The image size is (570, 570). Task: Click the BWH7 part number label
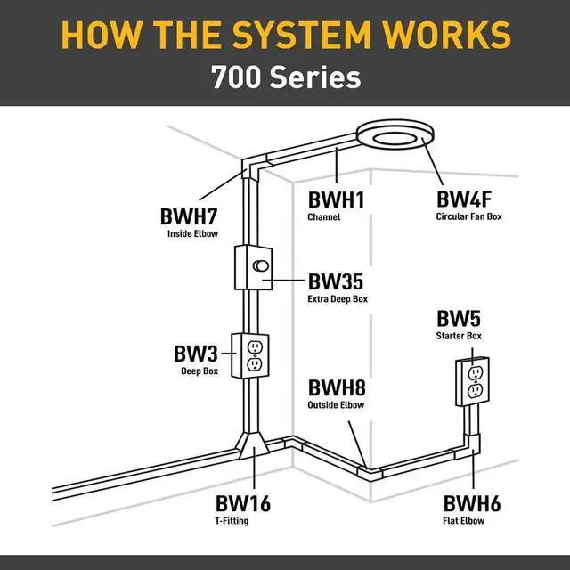point(191,216)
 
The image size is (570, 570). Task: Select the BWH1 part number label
point(337,199)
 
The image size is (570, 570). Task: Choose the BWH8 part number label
point(337,388)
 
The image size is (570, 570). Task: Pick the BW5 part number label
point(459,319)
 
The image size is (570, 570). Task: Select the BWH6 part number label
point(471,504)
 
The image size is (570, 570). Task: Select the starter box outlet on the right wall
point(473,380)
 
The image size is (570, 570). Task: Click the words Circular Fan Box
point(468,216)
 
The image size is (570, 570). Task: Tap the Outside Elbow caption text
point(336,405)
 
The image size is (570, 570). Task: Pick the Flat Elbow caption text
point(464,521)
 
